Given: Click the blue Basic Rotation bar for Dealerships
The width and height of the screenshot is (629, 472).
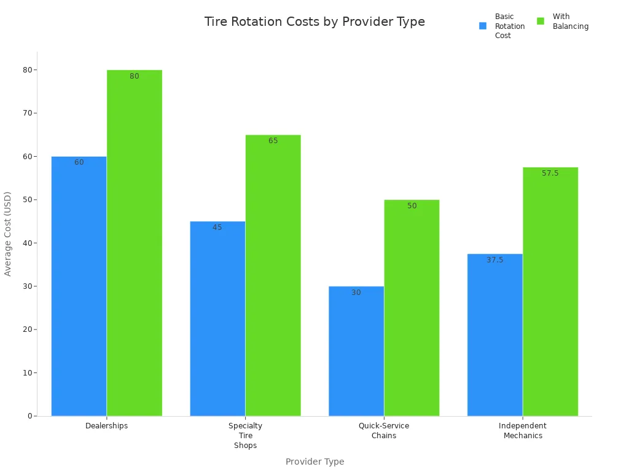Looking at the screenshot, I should point(79,286).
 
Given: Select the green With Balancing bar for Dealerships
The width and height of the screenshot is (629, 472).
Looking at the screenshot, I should point(135,243).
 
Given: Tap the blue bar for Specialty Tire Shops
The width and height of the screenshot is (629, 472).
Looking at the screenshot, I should point(217,318).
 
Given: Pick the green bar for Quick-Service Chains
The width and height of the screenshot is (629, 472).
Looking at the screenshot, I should point(412,307).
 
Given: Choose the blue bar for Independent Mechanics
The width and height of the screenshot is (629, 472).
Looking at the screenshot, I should point(494,335).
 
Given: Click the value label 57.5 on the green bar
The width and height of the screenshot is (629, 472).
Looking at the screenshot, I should point(550,173).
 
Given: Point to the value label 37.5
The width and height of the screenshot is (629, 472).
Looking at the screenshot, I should point(494,260).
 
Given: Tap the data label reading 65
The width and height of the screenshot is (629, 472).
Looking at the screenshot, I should point(273,141).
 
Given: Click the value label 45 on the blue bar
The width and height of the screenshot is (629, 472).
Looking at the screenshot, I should point(217,227).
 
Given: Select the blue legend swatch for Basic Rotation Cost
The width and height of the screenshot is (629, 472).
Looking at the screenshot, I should point(483,26).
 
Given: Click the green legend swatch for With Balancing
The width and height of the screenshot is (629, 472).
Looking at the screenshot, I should point(541,21).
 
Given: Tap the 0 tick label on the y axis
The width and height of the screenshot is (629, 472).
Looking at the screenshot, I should point(29,416).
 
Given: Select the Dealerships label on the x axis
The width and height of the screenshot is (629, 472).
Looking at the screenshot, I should point(107,426).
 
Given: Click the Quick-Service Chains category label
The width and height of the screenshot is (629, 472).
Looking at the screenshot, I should point(384,431).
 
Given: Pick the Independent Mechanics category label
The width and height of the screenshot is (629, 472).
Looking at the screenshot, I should point(523,431).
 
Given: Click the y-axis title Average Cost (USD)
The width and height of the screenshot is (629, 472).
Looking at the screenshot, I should point(8,234).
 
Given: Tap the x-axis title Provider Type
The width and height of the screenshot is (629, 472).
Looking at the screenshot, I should point(314,462).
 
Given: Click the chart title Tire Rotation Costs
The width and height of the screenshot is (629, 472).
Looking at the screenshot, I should point(314,22).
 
